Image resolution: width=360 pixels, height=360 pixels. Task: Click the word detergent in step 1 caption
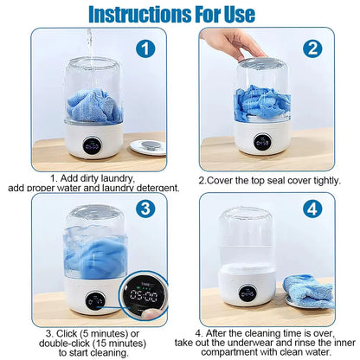pos(155,187)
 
